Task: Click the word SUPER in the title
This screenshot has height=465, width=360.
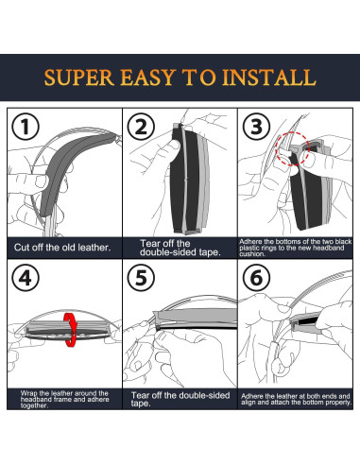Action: [x=79, y=77]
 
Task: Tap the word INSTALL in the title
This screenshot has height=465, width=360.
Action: [x=268, y=77]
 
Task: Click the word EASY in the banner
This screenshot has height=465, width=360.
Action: [x=148, y=77]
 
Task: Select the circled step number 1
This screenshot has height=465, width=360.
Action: [x=26, y=127]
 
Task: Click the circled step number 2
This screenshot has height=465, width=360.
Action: [x=141, y=127]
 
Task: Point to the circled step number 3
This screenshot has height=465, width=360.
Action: [x=256, y=127]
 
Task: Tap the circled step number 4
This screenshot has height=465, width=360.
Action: [x=26, y=278]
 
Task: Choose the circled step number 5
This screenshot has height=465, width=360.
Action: [x=141, y=278]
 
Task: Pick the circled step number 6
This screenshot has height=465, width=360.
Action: [x=256, y=278]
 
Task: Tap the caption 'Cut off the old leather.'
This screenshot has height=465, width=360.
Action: [x=62, y=248]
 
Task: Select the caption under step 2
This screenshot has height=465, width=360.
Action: [x=180, y=248]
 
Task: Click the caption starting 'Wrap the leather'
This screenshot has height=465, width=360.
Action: [x=64, y=399]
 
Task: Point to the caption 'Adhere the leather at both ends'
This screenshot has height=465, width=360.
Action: [x=296, y=399]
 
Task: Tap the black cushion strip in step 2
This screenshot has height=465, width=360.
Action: [x=178, y=177]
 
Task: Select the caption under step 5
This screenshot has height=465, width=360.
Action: [x=180, y=399]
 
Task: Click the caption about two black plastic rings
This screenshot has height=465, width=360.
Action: [x=296, y=248]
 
